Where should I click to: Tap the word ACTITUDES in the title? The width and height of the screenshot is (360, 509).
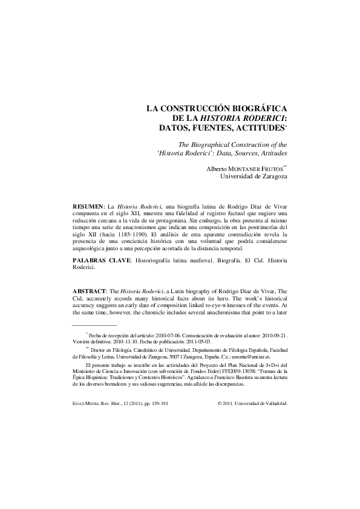(x=259, y=129)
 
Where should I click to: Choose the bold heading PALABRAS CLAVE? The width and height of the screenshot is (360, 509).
(x=100, y=260)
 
